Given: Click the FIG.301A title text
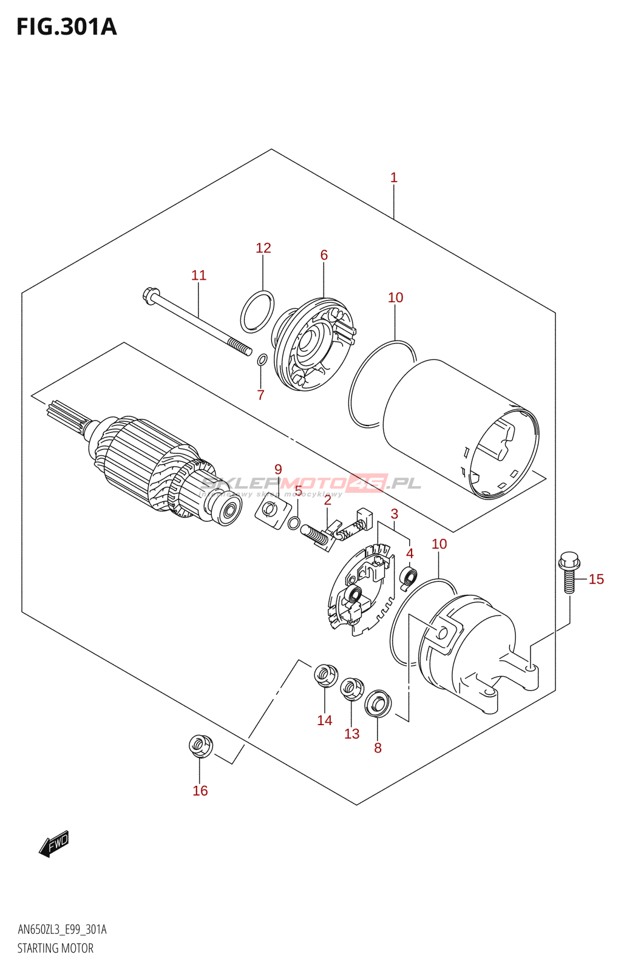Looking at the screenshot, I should pyautogui.click(x=66, y=27).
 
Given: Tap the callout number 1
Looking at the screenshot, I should pyautogui.click(x=393, y=178).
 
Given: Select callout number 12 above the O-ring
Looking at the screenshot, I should pyautogui.click(x=263, y=248).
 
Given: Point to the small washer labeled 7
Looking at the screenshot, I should pyautogui.click(x=262, y=360).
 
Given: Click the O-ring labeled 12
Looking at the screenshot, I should pyautogui.click(x=257, y=312).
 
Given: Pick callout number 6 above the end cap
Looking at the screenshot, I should pyautogui.click(x=324, y=255).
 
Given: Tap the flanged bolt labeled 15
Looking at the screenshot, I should pyautogui.click(x=569, y=570).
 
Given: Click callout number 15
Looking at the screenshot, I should pyautogui.click(x=596, y=580).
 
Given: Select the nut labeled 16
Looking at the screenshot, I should pyautogui.click(x=200, y=745).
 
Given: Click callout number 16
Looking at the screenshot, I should pyautogui.click(x=200, y=791).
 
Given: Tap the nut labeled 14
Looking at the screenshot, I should pyautogui.click(x=325, y=675).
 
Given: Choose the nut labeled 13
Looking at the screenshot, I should pyautogui.click(x=351, y=689).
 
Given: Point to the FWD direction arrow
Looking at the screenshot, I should pyautogui.click(x=54, y=843).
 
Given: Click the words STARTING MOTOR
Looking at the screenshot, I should pyautogui.click(x=55, y=948).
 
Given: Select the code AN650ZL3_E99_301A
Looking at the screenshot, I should pyautogui.click(x=62, y=930).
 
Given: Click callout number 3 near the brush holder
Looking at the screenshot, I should pyautogui.click(x=394, y=514).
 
